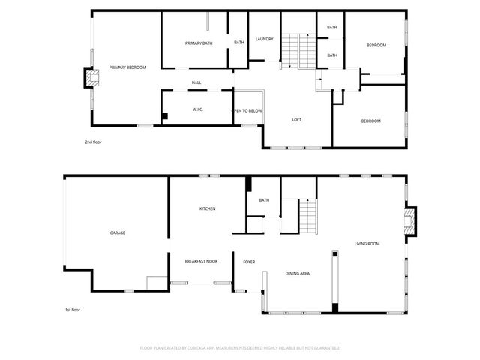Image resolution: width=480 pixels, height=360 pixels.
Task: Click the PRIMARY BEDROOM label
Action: [x=127, y=67]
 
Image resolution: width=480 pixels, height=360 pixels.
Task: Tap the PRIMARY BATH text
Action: [x=199, y=43]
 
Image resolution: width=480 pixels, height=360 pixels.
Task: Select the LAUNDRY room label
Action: [x=264, y=39]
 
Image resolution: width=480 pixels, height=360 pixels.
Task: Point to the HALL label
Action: [x=196, y=82]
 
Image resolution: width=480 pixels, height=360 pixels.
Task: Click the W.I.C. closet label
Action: [x=198, y=109]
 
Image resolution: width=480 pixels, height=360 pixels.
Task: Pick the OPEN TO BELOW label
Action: [x=247, y=110]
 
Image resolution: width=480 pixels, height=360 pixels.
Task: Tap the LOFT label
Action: [x=297, y=120]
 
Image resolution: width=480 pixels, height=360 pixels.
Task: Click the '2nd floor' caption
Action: [x=92, y=141]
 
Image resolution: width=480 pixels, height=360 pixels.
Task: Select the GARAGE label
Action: [x=118, y=232]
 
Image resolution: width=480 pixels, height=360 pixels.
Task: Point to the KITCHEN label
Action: [x=208, y=208]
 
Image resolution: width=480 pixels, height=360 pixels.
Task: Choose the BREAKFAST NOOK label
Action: [x=201, y=261]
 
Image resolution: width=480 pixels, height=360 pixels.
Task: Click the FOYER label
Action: [x=249, y=262]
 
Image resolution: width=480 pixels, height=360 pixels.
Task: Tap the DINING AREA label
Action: [x=298, y=274]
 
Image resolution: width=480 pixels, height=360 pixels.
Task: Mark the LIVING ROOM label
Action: [x=367, y=244]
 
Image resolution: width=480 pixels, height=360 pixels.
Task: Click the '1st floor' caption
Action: [x=72, y=310]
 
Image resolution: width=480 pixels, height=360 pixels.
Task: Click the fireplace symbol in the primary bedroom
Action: [x=91, y=77]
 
